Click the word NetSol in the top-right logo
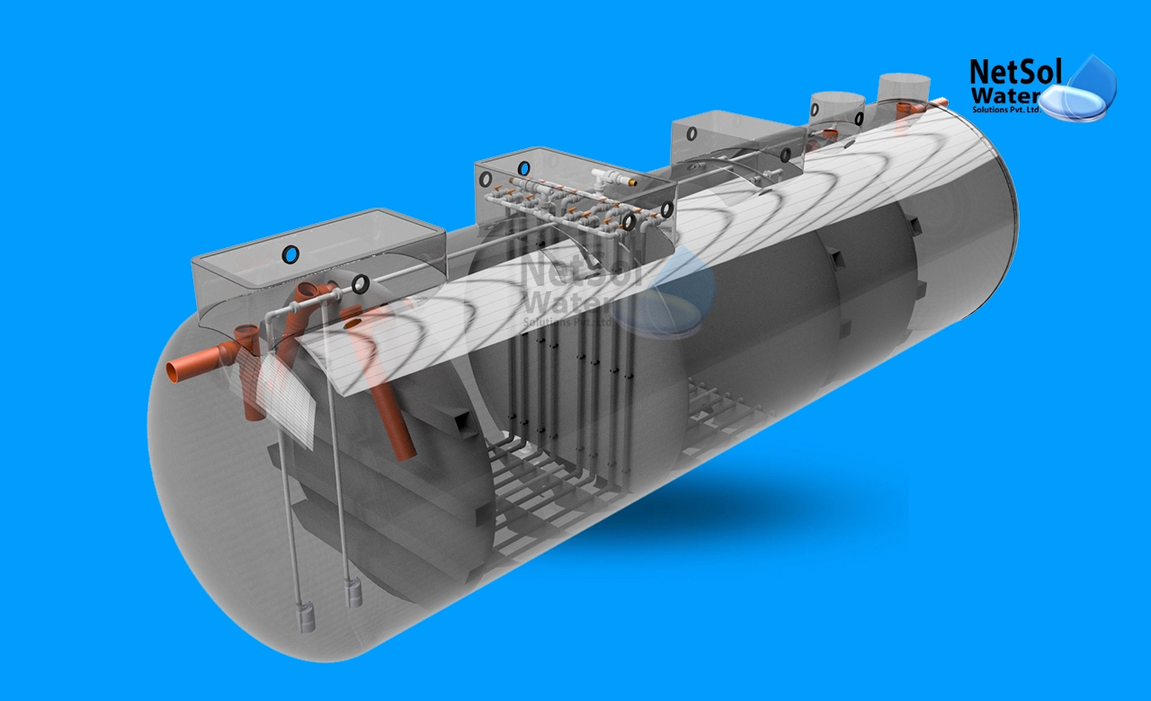(1007, 71)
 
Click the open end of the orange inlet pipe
(172, 372)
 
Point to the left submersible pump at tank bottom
(307, 616)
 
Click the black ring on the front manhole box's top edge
(290, 255)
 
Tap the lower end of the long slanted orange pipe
(406, 450)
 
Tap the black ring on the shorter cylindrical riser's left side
(815, 111)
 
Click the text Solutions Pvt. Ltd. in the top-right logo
(1006, 110)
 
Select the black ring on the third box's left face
(692, 133)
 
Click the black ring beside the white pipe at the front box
(360, 284)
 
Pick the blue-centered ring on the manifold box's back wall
(523, 168)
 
